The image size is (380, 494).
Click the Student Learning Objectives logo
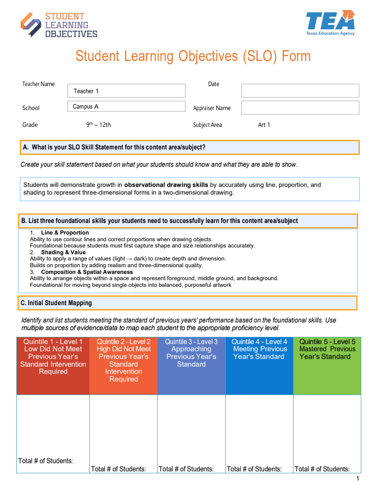(59, 25)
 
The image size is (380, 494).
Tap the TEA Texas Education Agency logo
(330, 23)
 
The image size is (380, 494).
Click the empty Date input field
(300, 91)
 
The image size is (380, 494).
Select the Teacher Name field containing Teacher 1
(126, 91)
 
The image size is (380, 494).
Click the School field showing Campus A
(126, 107)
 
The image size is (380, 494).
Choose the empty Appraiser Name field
(300, 108)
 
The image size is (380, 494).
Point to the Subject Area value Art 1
(264, 125)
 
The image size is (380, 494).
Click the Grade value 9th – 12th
(98, 125)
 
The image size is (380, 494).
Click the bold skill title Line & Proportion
(65, 233)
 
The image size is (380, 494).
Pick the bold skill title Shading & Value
(63, 252)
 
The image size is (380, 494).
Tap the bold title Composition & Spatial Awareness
(86, 272)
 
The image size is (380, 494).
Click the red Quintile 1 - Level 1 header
(53, 357)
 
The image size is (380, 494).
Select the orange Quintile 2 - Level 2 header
(123, 360)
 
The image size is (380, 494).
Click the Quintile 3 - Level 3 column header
(191, 353)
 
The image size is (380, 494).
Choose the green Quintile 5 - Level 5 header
(327, 349)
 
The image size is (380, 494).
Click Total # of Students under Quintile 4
(254, 469)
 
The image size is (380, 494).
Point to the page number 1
(357, 479)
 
